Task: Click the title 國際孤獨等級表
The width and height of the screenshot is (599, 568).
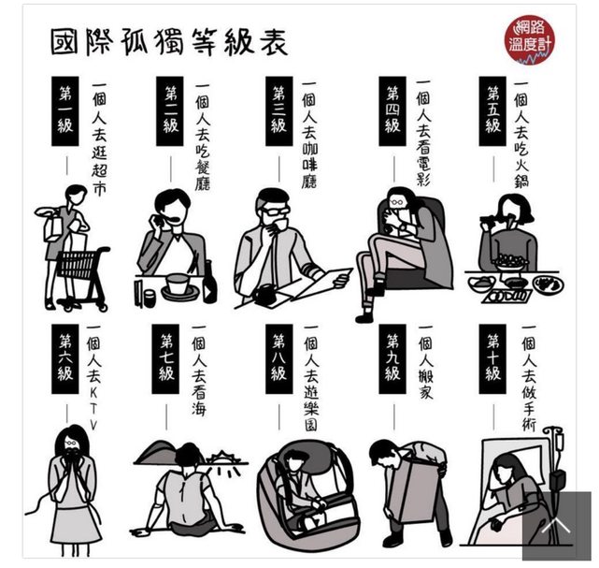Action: [169, 42]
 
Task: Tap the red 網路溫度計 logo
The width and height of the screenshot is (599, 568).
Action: [529, 39]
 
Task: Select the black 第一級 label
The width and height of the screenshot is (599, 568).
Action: [64, 111]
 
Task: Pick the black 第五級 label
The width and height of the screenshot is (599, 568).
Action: [492, 111]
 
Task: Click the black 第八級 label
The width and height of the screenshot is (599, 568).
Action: [278, 358]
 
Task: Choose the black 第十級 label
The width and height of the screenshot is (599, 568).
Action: [492, 358]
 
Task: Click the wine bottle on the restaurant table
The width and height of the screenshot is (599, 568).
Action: [209, 283]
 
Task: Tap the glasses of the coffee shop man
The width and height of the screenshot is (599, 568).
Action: [275, 211]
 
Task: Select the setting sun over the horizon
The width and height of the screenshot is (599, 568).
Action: [221, 458]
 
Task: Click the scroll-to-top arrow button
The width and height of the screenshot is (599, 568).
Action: [557, 526]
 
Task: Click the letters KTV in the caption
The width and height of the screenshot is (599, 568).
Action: [93, 409]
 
